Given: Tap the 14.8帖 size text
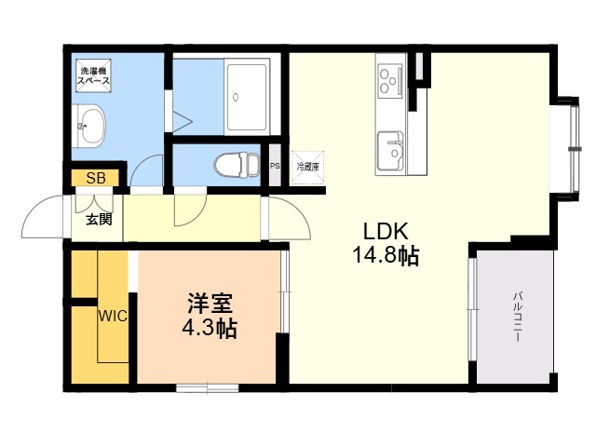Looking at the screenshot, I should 385,256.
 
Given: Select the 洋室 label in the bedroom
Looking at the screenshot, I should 210,305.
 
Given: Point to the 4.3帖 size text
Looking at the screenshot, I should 210,329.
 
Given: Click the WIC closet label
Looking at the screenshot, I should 113,315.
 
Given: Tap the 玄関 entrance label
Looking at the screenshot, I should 101,220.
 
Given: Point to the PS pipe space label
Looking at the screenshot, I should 275,167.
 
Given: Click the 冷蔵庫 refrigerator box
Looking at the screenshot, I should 307,168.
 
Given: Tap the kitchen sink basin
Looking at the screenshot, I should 391,147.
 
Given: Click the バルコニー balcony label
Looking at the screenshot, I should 515,317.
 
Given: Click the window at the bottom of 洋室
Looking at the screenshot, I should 207,386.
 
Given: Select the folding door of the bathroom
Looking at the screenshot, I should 179,120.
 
